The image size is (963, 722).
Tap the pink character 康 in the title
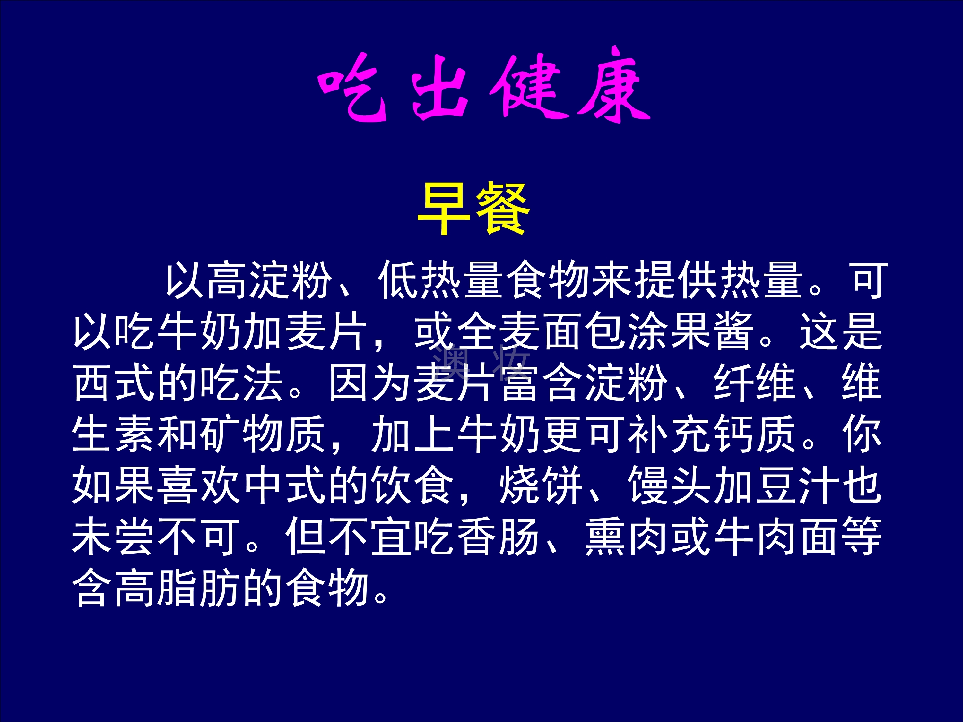coord(614,85)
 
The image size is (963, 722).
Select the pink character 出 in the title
coord(440,87)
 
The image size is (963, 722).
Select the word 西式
coord(114,382)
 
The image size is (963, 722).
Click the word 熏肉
coord(627,537)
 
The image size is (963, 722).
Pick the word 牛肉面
coord(776,537)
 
